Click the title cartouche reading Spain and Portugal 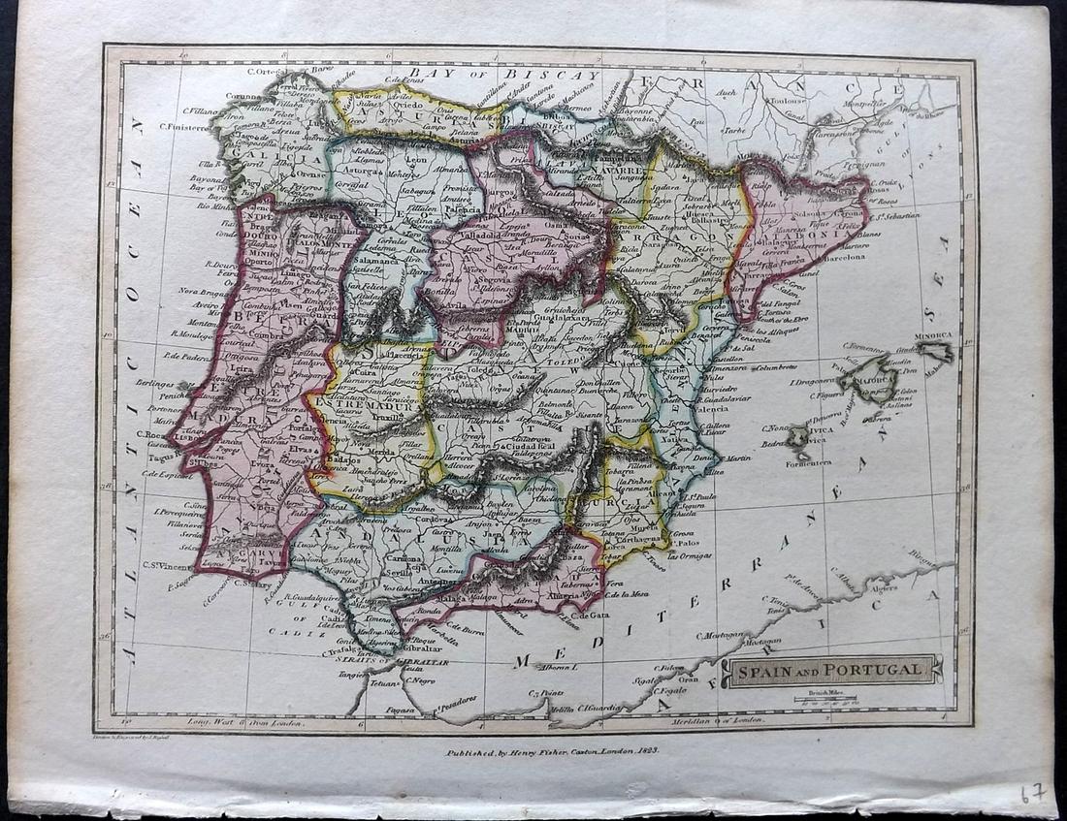[x=832, y=670]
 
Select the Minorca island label [x=936, y=336]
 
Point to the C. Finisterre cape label [x=179, y=126]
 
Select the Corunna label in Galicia [x=242, y=96]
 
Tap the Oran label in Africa [x=690, y=679]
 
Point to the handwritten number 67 [x=1031, y=793]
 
